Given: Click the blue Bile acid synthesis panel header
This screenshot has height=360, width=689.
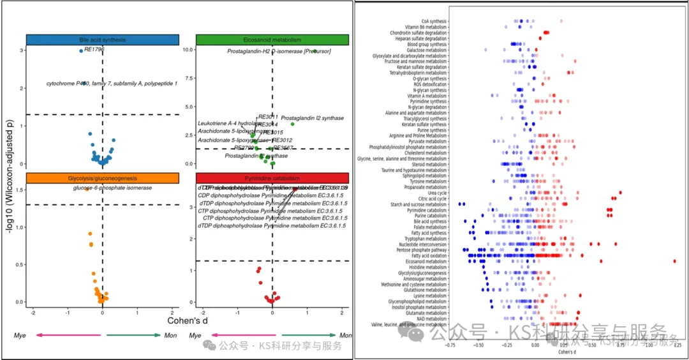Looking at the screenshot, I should [x=103, y=40].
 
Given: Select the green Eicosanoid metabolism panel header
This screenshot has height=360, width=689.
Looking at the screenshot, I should [x=272, y=40].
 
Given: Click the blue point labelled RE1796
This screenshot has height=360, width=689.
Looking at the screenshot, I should [x=81, y=50].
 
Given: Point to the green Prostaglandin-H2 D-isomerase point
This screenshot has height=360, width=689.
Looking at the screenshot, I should [x=315, y=51].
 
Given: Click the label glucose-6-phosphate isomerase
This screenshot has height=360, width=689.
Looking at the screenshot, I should [x=112, y=188].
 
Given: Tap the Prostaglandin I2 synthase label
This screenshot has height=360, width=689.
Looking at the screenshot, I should [x=313, y=118].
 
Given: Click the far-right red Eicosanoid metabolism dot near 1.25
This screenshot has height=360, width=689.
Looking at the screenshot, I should [x=674, y=261].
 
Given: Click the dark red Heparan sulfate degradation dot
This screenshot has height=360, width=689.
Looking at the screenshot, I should [x=540, y=38].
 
